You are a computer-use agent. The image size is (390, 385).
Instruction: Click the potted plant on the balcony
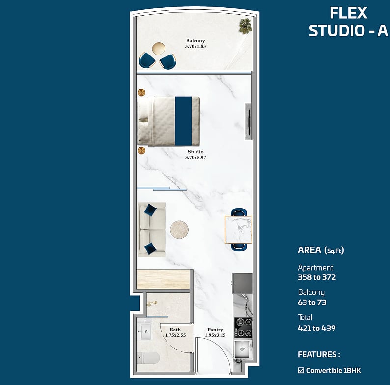[246, 26]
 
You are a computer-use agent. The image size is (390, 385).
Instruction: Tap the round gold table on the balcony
[159, 48]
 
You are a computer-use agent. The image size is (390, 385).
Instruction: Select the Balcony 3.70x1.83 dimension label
[195, 43]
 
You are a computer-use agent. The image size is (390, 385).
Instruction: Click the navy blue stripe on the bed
[183, 121]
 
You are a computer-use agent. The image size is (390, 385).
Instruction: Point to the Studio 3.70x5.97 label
[195, 155]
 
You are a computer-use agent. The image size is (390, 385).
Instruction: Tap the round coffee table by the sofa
[179, 229]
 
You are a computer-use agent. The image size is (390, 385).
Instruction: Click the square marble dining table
[239, 229]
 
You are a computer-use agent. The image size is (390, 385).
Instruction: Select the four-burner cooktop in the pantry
[243, 328]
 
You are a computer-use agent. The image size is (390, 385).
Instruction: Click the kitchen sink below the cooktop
[242, 349]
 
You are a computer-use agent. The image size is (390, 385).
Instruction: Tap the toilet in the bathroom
[148, 358]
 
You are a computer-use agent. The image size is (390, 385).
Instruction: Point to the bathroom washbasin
[145, 331]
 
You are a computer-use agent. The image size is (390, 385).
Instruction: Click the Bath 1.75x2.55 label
[175, 332]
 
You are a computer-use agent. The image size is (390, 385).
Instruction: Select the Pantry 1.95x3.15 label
[215, 332]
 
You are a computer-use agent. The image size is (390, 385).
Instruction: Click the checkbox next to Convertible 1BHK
[301, 370]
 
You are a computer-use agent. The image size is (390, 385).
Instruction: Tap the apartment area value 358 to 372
[317, 277]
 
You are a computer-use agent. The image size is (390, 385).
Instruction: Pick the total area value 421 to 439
[317, 328]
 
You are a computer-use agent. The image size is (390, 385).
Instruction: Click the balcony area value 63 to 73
[312, 302]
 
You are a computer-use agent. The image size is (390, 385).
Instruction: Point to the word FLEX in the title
[348, 13]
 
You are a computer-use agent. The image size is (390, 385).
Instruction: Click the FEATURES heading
[319, 354]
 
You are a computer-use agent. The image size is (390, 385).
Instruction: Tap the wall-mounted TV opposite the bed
[249, 122]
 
